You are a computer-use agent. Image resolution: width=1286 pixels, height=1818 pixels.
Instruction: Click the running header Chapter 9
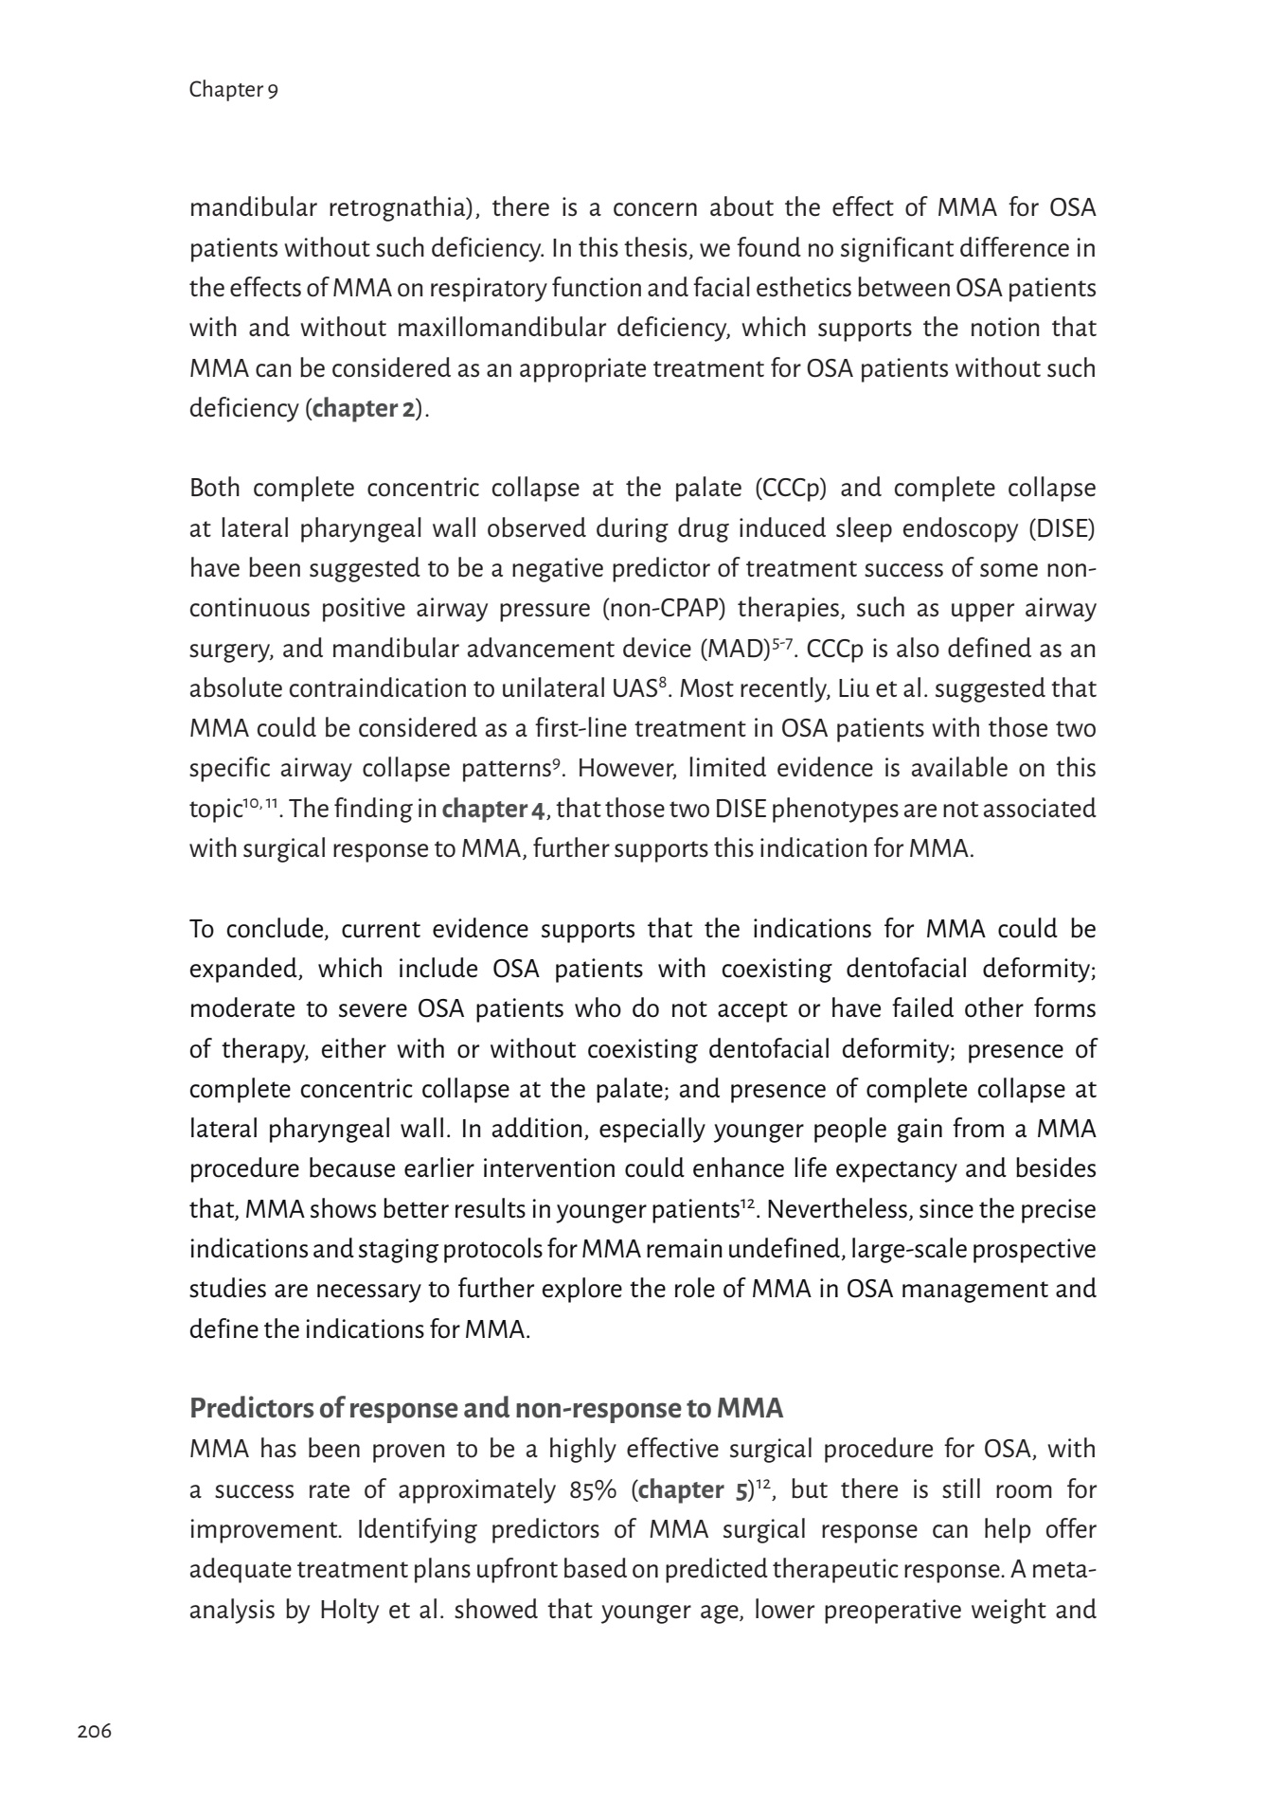tap(233, 90)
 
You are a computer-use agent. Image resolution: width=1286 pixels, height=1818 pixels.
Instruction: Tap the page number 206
tap(94, 1732)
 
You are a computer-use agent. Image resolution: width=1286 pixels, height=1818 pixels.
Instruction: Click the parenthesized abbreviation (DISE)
tap(1063, 529)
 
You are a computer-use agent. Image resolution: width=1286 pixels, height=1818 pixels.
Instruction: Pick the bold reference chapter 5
tap(694, 1490)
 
